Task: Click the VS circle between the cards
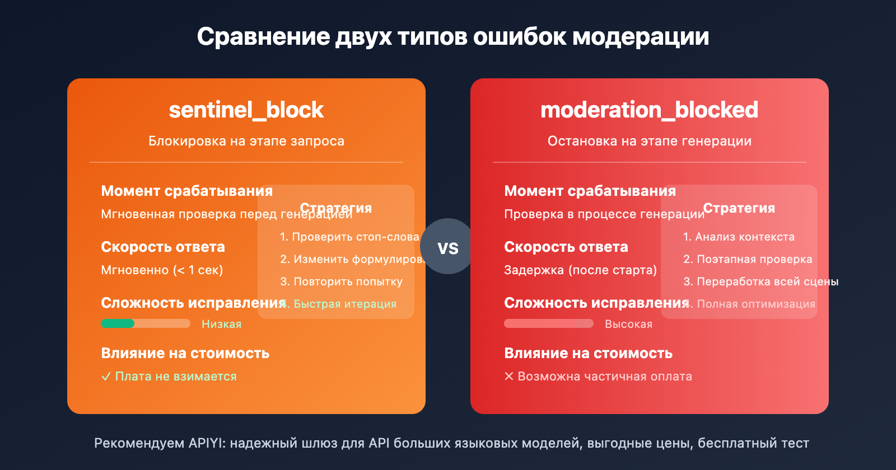(x=447, y=247)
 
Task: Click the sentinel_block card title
(x=246, y=110)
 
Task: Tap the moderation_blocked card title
(x=649, y=110)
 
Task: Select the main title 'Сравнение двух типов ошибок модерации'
(x=452, y=37)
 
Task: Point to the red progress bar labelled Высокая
(x=548, y=323)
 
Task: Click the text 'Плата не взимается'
(x=175, y=377)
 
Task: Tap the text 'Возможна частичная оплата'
(x=604, y=377)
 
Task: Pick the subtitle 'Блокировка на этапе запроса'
(x=246, y=141)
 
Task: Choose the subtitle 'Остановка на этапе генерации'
(x=649, y=141)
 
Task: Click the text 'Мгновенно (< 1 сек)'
(x=162, y=270)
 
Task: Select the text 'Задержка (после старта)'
(x=580, y=270)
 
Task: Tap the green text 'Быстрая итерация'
(x=345, y=304)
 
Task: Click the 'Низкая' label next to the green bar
(x=221, y=324)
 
